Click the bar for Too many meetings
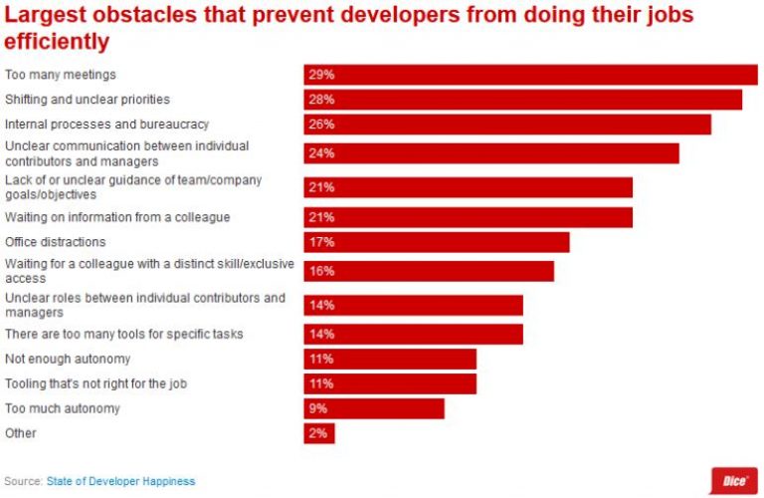click(x=530, y=75)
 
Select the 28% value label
click(x=320, y=100)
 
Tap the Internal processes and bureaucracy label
click(x=106, y=124)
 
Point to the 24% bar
click(x=491, y=153)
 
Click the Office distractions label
click(x=56, y=242)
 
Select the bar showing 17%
click(x=437, y=242)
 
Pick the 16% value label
click(x=320, y=271)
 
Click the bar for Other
click(x=319, y=433)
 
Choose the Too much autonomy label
click(x=63, y=408)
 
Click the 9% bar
click(x=374, y=408)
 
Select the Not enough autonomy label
click(x=68, y=359)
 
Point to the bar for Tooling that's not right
click(x=390, y=383)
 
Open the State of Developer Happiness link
click(x=120, y=481)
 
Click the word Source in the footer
click(x=22, y=481)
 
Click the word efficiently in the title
click(x=57, y=43)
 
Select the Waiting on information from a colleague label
click(x=117, y=217)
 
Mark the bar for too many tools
click(x=413, y=334)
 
